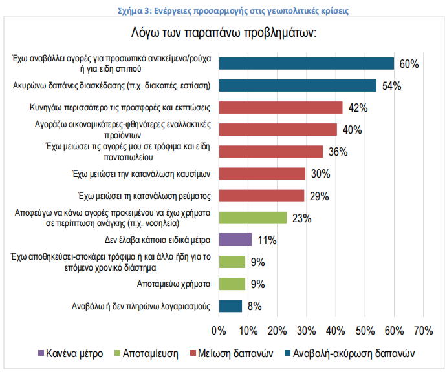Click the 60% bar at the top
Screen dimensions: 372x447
click(x=307, y=63)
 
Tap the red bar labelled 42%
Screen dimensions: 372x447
click(x=280, y=107)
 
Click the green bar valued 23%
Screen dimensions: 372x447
click(x=252, y=218)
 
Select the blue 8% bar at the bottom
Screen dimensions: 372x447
click(x=230, y=306)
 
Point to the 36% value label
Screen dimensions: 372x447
click(x=338, y=152)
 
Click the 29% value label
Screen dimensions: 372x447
click(x=320, y=196)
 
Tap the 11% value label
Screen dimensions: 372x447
click(x=267, y=240)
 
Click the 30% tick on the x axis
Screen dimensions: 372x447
click(x=306, y=331)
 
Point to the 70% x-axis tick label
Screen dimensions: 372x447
click(x=423, y=331)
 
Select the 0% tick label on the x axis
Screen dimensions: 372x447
click(x=219, y=331)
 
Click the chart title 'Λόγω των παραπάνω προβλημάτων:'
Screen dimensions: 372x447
click(x=223, y=34)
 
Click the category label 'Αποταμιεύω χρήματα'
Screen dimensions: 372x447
click(x=173, y=284)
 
